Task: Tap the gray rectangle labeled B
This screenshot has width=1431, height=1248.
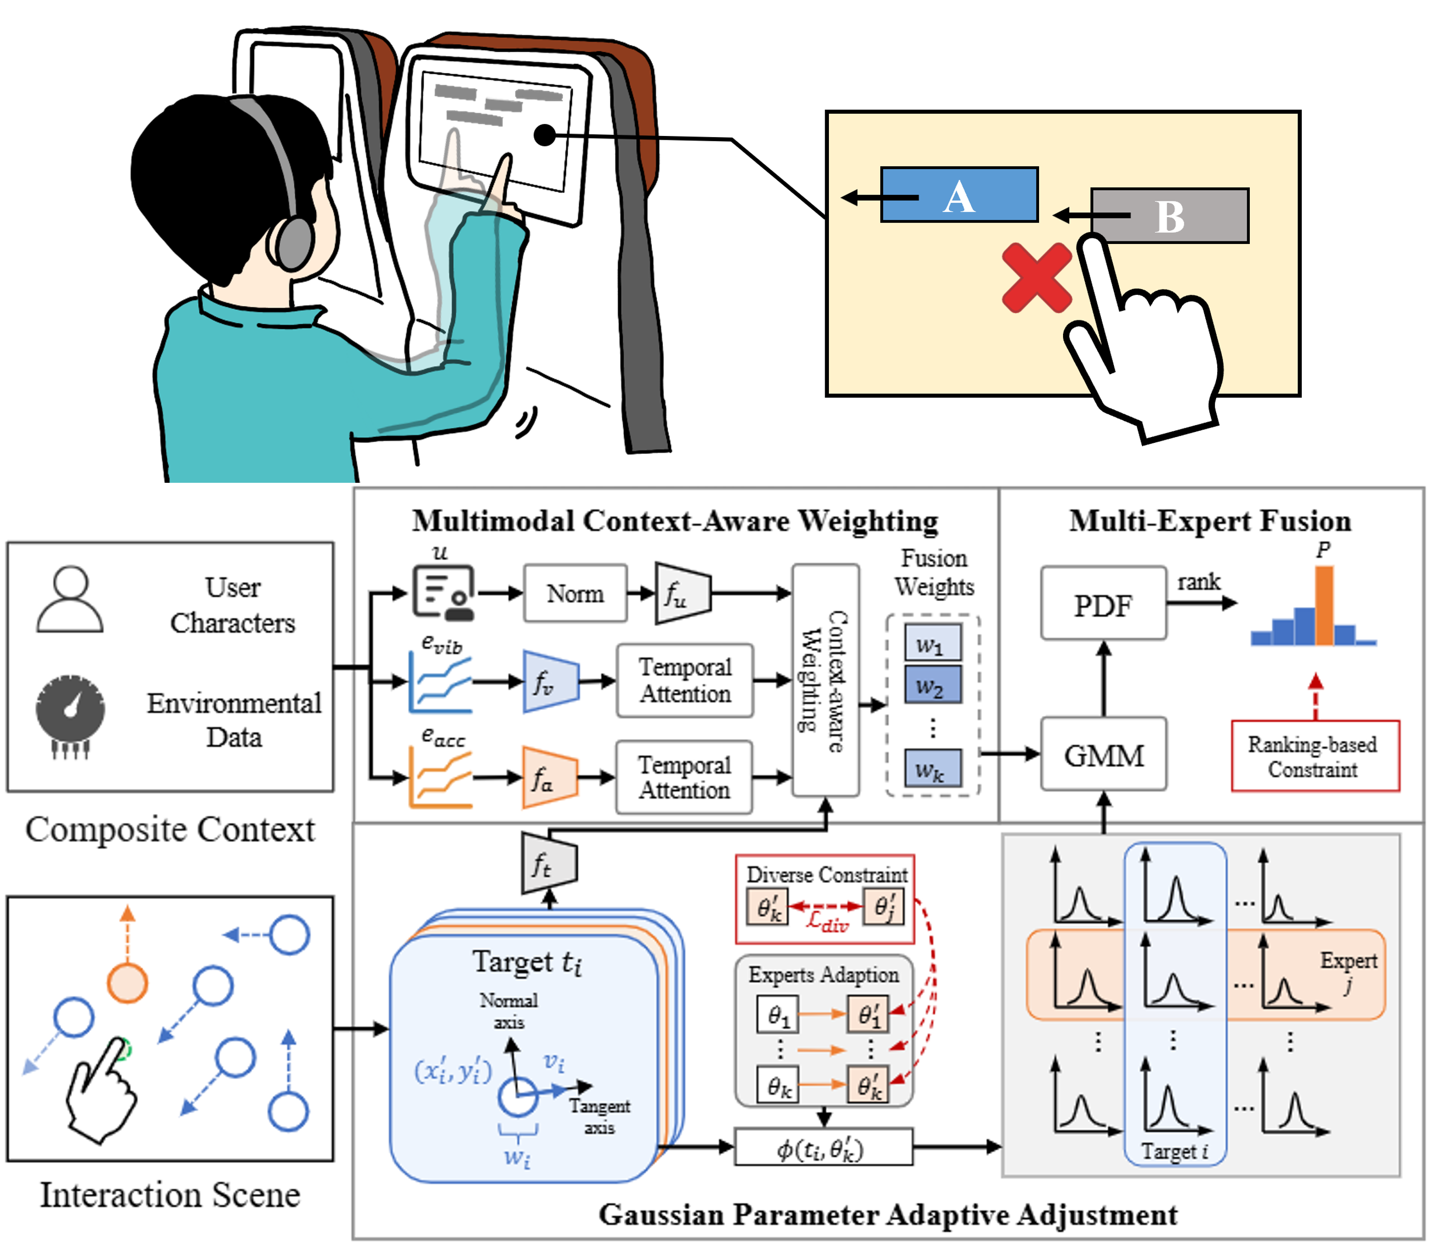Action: click(x=1170, y=216)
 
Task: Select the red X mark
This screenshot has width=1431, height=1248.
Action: click(x=1037, y=277)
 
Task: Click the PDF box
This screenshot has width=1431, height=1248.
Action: click(x=1103, y=603)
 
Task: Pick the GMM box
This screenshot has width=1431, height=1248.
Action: click(x=1103, y=754)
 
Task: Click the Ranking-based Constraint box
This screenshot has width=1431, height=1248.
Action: click(x=1315, y=756)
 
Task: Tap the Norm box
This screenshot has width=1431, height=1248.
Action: click(x=575, y=593)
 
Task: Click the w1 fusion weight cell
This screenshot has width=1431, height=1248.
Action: click(x=932, y=643)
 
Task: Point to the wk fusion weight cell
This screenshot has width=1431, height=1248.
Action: click(x=932, y=768)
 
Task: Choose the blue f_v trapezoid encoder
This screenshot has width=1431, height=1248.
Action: click(x=550, y=681)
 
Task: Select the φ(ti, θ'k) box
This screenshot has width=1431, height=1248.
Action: click(x=824, y=1146)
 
